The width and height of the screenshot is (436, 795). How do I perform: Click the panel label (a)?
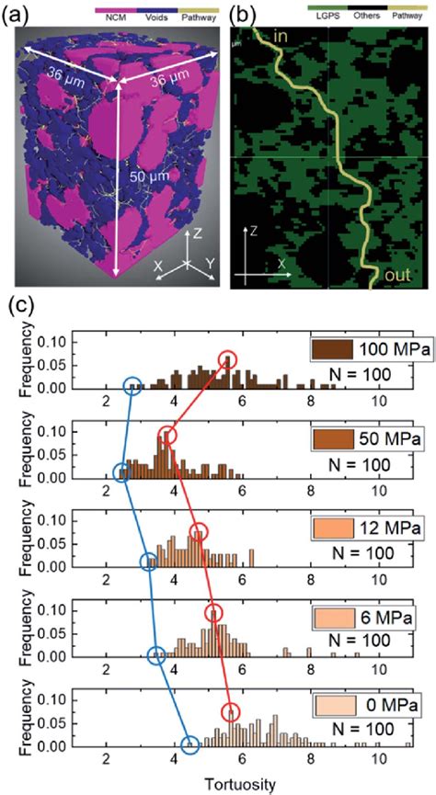tap(18, 16)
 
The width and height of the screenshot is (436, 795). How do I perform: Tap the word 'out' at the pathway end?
tap(399, 275)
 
